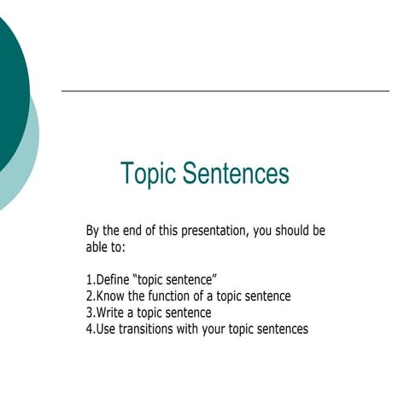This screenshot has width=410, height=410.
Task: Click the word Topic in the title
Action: point(147,174)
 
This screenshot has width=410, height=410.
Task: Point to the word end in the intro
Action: point(134,231)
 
